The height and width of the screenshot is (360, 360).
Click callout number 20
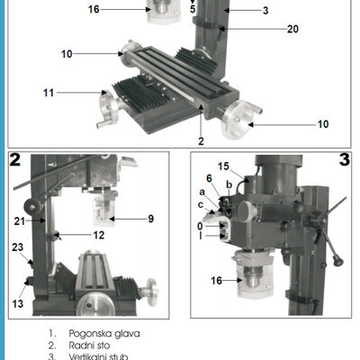click(x=292, y=29)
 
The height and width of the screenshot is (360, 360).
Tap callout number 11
click(x=49, y=93)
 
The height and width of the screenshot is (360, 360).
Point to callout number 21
click(x=20, y=221)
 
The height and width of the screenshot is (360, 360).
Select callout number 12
click(x=99, y=235)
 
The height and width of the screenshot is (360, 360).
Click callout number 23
click(x=18, y=247)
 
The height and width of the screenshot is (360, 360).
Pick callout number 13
click(x=18, y=303)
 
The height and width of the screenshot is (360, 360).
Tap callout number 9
click(x=151, y=219)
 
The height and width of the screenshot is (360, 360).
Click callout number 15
click(x=223, y=166)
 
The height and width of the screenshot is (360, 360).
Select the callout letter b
click(x=229, y=184)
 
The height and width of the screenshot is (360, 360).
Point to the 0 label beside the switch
click(x=200, y=226)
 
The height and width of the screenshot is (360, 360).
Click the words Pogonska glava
click(x=104, y=334)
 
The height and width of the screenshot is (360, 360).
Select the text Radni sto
click(x=89, y=346)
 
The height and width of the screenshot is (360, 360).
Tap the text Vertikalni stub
click(x=98, y=356)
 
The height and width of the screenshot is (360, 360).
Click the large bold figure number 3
click(x=345, y=159)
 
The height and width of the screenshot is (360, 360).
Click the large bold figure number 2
click(x=15, y=159)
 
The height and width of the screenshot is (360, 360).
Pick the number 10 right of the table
click(x=323, y=124)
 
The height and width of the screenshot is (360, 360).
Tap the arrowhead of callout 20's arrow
click(x=222, y=29)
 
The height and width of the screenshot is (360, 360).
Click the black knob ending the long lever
click(x=338, y=260)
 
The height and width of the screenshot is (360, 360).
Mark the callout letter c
click(x=201, y=204)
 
